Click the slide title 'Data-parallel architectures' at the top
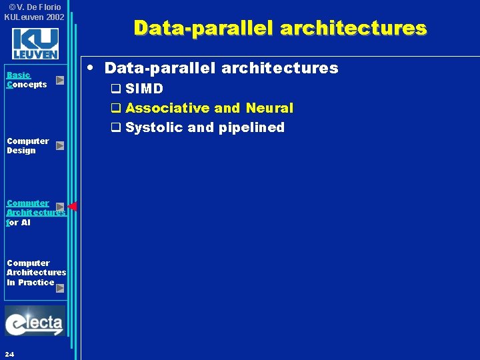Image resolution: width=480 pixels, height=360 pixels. pyautogui.click(x=279, y=28)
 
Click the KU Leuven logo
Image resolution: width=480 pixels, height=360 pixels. pyautogui.click(x=35, y=44)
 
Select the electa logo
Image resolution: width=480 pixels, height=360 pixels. pyautogui.click(x=35, y=322)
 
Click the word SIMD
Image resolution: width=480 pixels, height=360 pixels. pyautogui.click(x=144, y=89)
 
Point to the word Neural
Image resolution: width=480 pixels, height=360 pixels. pyautogui.click(x=269, y=108)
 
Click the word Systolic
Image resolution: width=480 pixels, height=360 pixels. pyautogui.click(x=154, y=127)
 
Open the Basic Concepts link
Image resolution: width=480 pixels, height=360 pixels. pyautogui.click(x=27, y=80)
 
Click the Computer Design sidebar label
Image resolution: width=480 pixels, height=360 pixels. pyautogui.click(x=27, y=145)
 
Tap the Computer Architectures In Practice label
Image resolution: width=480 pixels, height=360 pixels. pyautogui.click(x=36, y=272)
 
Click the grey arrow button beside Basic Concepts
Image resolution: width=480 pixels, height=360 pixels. pyautogui.click(x=60, y=80)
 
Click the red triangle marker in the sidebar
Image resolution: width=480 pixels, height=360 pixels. pyautogui.click(x=73, y=206)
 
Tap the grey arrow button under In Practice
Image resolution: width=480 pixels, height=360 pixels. pyautogui.click(x=60, y=289)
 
